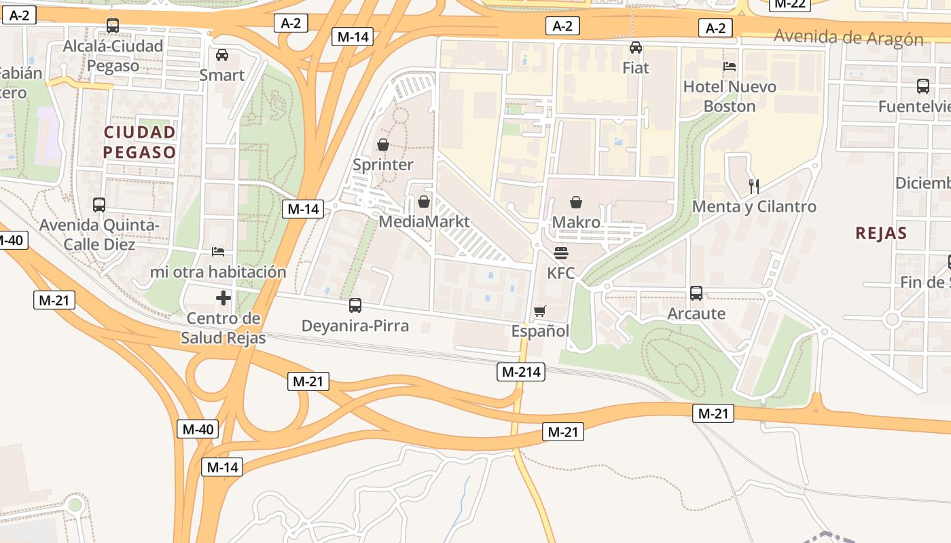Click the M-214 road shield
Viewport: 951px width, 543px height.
tap(521, 371)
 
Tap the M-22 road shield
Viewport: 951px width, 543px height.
tap(789, 3)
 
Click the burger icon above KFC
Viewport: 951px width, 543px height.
tap(561, 253)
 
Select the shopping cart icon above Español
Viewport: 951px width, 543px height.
tap(540, 312)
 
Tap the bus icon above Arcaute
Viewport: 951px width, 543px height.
tap(696, 293)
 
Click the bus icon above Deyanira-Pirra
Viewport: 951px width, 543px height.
tap(355, 305)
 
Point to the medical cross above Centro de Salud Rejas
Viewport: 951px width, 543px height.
tap(223, 298)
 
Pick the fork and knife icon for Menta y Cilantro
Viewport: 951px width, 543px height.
tap(753, 186)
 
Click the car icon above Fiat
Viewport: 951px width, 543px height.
tap(636, 48)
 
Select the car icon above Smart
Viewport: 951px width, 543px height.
tap(222, 55)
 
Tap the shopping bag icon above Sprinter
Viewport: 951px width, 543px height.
tap(383, 145)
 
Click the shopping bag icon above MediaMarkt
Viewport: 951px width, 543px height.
tap(424, 202)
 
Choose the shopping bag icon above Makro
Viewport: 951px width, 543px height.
tap(576, 202)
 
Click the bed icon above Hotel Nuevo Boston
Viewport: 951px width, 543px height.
tap(730, 67)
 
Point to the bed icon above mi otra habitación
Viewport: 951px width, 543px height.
tap(218, 252)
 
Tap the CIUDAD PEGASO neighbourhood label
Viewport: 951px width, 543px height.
tap(140, 142)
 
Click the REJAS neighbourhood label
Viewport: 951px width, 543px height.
tap(881, 233)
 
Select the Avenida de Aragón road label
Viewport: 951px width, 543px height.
tap(848, 37)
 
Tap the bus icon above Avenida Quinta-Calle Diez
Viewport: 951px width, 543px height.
tap(99, 204)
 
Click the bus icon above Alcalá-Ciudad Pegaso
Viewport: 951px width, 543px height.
tap(113, 26)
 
